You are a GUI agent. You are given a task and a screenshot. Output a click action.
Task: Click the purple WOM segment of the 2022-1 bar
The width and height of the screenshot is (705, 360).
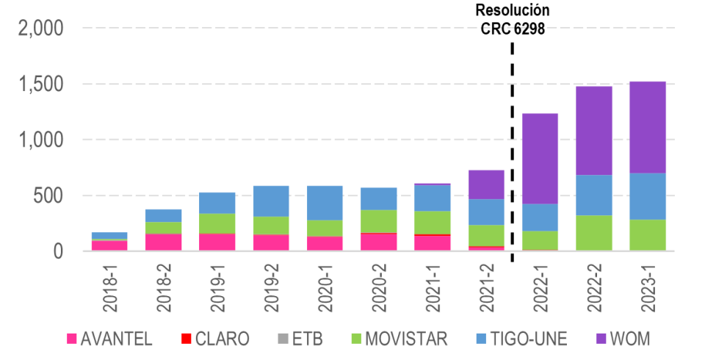pos(540,158)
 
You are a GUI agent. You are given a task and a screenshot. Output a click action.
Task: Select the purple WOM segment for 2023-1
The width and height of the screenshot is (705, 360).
pos(648,126)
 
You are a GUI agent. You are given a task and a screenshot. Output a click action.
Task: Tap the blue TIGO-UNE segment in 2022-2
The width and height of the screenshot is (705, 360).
pos(594,195)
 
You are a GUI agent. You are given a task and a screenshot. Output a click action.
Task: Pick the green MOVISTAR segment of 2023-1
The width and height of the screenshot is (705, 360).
pos(648,234)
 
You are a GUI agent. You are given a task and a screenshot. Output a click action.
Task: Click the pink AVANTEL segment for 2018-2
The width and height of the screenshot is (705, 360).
pos(163,242)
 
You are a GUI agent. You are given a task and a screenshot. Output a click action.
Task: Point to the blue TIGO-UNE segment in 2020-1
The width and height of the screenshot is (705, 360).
pos(325,202)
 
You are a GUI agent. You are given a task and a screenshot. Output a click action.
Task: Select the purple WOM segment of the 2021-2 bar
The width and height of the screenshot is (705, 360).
pos(486,184)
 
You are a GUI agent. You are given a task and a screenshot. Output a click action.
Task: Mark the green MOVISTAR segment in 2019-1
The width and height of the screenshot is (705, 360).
pos(217,223)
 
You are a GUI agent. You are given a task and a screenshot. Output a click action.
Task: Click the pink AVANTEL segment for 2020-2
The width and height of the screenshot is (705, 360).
pos(379,242)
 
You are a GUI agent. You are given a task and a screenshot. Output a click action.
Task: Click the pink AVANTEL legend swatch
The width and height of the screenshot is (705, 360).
pos(72,339)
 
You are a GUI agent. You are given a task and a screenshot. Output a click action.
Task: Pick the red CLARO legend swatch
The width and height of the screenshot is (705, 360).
pos(187,339)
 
